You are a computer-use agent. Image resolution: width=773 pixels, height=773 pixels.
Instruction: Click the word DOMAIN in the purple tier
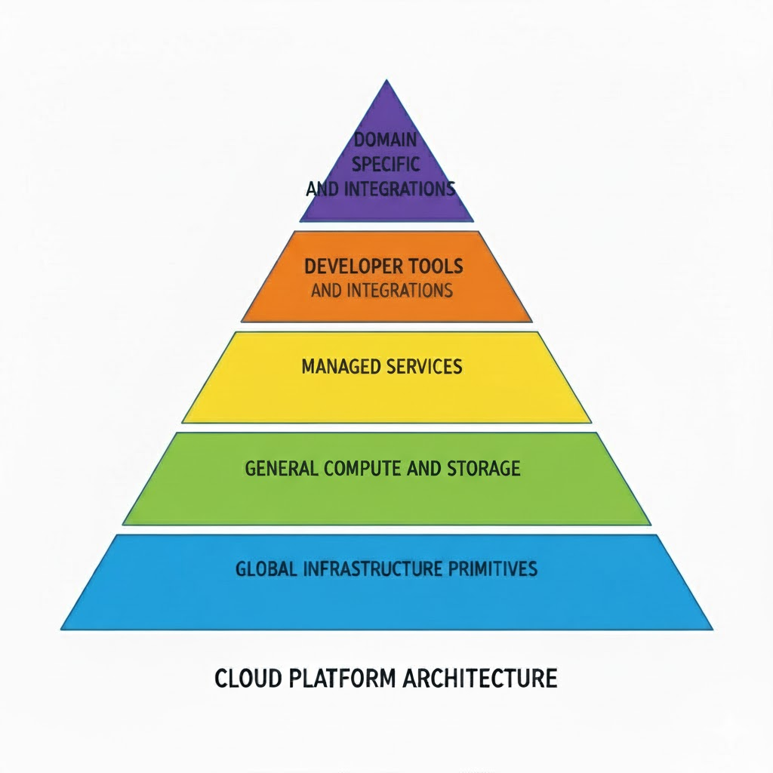click(x=386, y=140)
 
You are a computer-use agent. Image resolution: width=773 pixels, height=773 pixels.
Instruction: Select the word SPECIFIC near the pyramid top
click(x=386, y=164)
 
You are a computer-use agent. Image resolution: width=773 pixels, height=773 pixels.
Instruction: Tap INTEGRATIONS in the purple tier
click(x=399, y=189)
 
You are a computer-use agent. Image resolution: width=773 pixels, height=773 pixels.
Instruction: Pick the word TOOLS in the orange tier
click(x=436, y=266)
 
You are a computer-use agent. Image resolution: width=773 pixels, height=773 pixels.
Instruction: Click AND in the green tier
click(x=420, y=468)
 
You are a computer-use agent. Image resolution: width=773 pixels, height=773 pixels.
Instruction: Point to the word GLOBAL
click(x=266, y=568)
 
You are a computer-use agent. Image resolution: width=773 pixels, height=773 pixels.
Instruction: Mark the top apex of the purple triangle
click(x=386, y=80)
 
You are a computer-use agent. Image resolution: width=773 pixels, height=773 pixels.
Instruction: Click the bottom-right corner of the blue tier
click(x=711, y=628)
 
